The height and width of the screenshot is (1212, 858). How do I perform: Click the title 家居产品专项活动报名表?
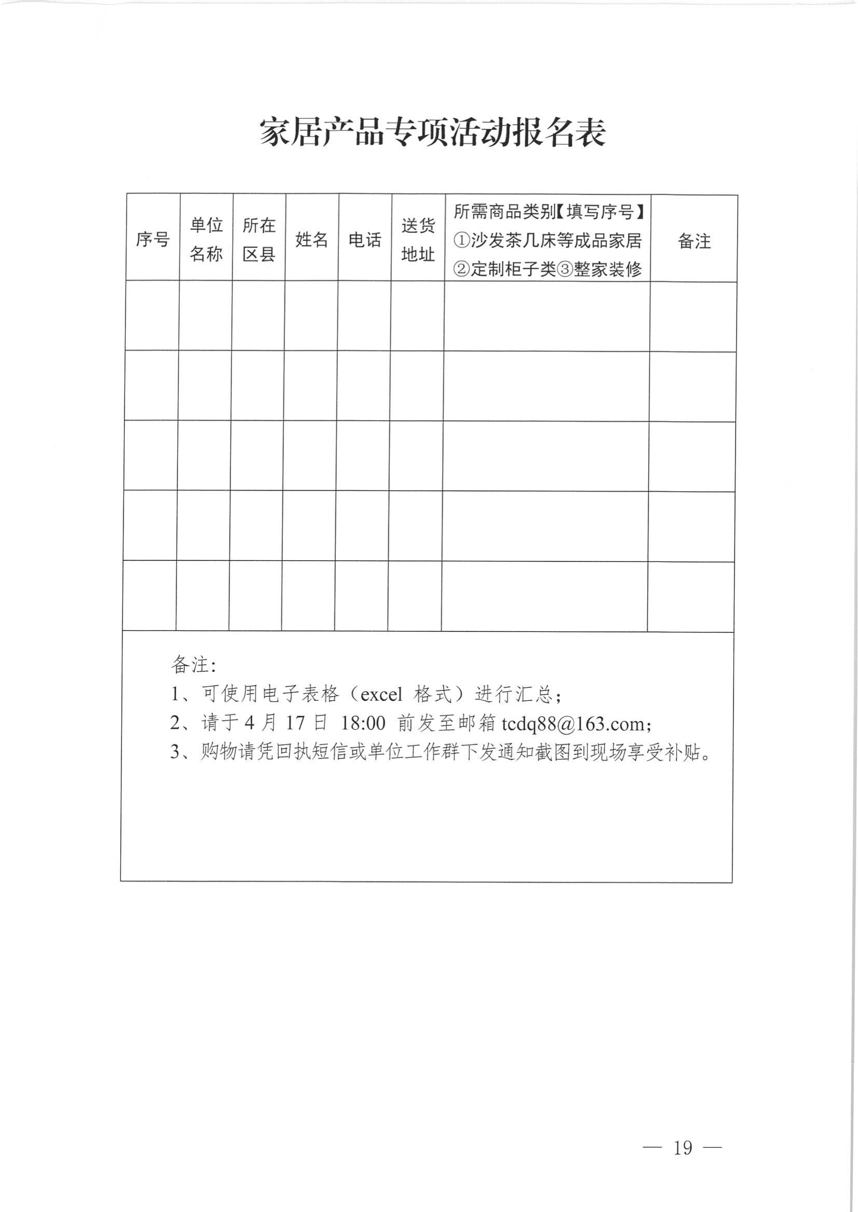point(432,132)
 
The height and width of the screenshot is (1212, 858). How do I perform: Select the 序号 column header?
point(153,240)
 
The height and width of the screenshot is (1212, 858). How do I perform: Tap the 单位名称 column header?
point(206,240)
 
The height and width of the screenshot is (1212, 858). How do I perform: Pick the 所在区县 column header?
point(259,240)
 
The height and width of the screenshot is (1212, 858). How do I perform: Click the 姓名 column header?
point(312,240)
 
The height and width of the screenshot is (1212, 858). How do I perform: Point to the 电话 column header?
point(364,240)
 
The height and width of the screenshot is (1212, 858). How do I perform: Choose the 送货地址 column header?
point(418,240)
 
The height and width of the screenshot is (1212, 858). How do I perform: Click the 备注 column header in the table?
point(694,241)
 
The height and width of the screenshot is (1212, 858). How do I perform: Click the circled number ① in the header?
point(462,241)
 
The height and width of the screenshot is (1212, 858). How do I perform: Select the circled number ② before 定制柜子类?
point(462,269)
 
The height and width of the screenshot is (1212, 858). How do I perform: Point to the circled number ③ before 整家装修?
point(565,269)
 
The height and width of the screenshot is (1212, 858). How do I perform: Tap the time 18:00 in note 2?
point(363,723)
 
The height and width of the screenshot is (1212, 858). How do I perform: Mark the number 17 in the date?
point(295,723)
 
